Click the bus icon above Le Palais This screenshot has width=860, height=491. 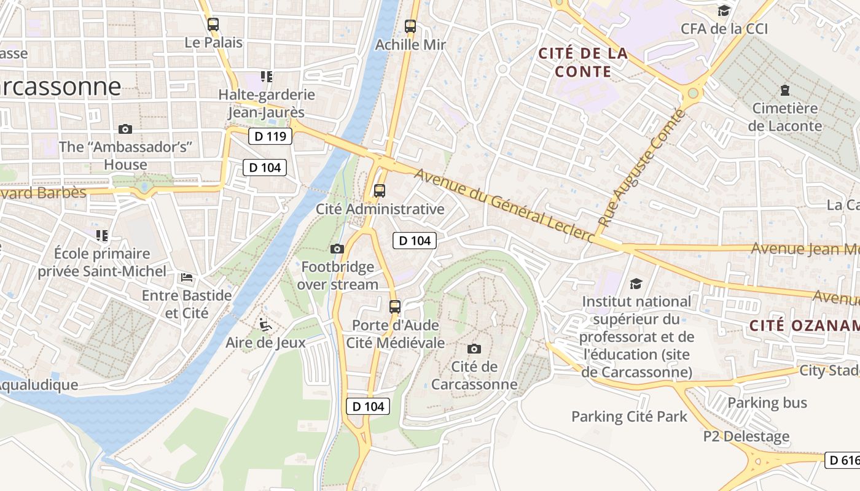[213, 25]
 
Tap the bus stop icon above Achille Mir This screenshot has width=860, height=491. [410, 26]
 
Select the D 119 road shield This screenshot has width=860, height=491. [270, 136]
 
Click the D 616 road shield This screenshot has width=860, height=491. [842, 460]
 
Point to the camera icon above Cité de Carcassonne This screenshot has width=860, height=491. [474, 349]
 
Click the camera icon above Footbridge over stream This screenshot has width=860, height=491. [337, 249]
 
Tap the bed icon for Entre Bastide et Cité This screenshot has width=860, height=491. [187, 277]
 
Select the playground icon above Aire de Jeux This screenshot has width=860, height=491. [265, 324]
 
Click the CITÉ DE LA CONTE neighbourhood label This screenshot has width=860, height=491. [583, 63]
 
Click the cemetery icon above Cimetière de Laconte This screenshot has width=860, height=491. [784, 90]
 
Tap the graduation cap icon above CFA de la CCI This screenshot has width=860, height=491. [724, 10]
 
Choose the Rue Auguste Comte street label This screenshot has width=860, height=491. [641, 169]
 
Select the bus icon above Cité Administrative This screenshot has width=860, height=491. [380, 190]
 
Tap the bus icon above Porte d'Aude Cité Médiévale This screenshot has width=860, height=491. [395, 306]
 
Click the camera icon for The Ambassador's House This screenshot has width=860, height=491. [125, 129]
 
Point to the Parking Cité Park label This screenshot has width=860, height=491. [629, 417]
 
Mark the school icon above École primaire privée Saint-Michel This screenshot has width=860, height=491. [102, 235]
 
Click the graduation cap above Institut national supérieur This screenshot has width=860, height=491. [636, 284]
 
